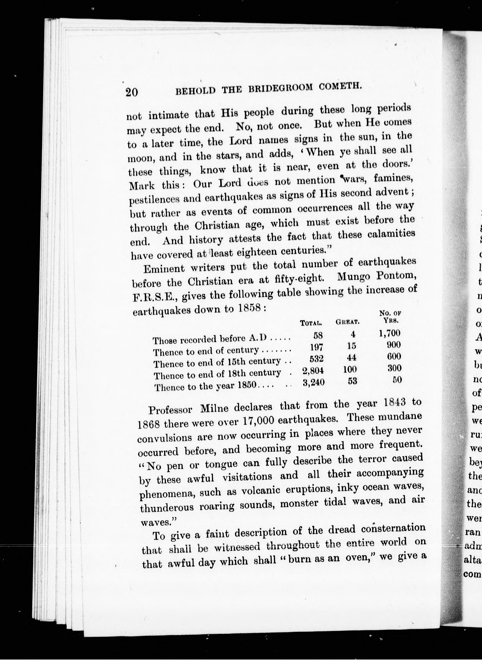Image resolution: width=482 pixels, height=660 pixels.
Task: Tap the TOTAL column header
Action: [x=311, y=323]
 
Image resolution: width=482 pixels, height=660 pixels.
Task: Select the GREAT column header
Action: [x=347, y=322]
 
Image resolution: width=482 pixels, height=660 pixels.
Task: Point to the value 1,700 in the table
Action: [x=390, y=333]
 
